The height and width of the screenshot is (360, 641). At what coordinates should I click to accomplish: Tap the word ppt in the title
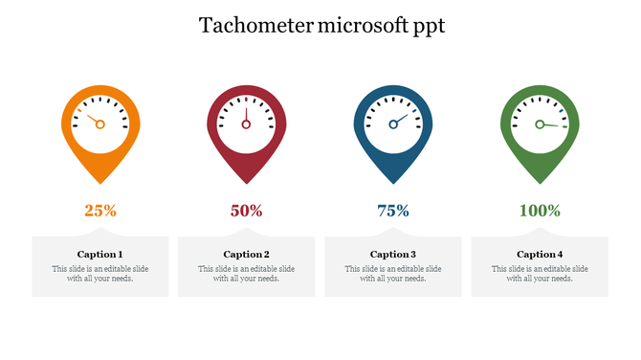[x=426, y=27]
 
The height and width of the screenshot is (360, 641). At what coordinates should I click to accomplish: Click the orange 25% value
[x=100, y=211]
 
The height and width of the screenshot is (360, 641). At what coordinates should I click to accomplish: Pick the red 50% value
[x=247, y=211]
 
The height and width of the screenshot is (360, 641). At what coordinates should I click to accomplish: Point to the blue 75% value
[x=393, y=211]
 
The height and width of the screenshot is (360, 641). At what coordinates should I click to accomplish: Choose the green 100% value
[x=540, y=211]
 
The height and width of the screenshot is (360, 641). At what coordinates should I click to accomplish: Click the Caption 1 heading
[x=100, y=255]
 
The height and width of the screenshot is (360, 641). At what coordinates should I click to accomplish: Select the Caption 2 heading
[x=247, y=255]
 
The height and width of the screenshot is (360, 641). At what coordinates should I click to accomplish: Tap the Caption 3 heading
[x=393, y=255]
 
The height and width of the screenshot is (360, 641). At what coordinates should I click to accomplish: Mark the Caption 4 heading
[x=540, y=255]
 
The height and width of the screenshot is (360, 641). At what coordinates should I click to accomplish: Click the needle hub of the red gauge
[x=247, y=124]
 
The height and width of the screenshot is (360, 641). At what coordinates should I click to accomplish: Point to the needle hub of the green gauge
[x=540, y=124]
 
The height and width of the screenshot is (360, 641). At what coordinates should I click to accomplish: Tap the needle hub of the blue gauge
[x=393, y=124]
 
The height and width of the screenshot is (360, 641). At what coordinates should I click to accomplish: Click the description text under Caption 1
[x=100, y=274]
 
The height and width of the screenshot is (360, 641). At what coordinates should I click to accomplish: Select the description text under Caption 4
[x=540, y=274]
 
